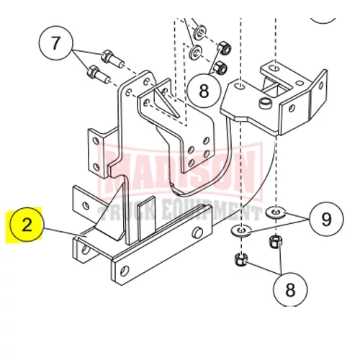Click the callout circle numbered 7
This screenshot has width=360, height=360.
55,43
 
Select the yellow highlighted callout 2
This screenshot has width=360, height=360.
26,225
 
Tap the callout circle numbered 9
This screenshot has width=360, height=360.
326,219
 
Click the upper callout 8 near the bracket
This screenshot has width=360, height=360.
204,91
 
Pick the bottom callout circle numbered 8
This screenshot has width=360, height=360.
290,289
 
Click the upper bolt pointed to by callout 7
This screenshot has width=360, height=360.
112,59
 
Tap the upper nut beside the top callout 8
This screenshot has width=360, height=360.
225,48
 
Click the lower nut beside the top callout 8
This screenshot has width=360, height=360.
220,67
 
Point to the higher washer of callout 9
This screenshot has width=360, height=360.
276,212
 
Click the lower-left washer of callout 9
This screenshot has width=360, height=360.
240,230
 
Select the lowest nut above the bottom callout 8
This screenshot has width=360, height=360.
241,259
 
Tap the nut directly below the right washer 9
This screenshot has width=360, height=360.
276,242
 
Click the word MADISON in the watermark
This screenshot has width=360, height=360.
179,171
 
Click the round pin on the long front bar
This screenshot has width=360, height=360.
198,232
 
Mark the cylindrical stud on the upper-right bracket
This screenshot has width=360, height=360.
266,102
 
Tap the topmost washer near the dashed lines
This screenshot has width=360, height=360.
200,32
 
